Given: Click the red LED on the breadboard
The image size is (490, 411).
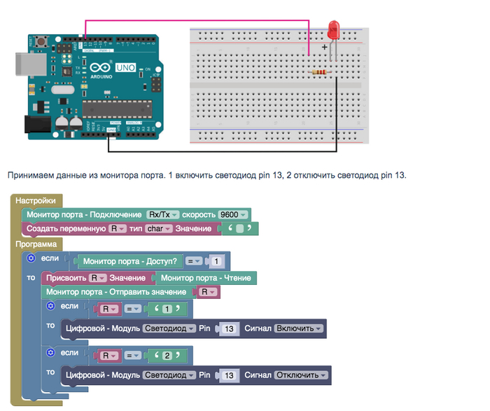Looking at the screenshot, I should [333, 30].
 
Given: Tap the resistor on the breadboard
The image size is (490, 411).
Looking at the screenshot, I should [321, 71].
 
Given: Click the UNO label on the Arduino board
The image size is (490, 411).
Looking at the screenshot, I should [125, 68].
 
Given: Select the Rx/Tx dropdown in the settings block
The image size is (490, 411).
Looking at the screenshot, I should [163, 214].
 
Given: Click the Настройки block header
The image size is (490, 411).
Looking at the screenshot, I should [35, 200].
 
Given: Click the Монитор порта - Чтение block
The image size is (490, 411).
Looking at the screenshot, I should [201, 278].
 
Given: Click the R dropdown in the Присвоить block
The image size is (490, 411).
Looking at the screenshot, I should [99, 278].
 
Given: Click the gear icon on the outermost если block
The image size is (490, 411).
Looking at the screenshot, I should [31, 258].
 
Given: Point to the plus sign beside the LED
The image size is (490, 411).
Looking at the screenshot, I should [324, 48].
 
